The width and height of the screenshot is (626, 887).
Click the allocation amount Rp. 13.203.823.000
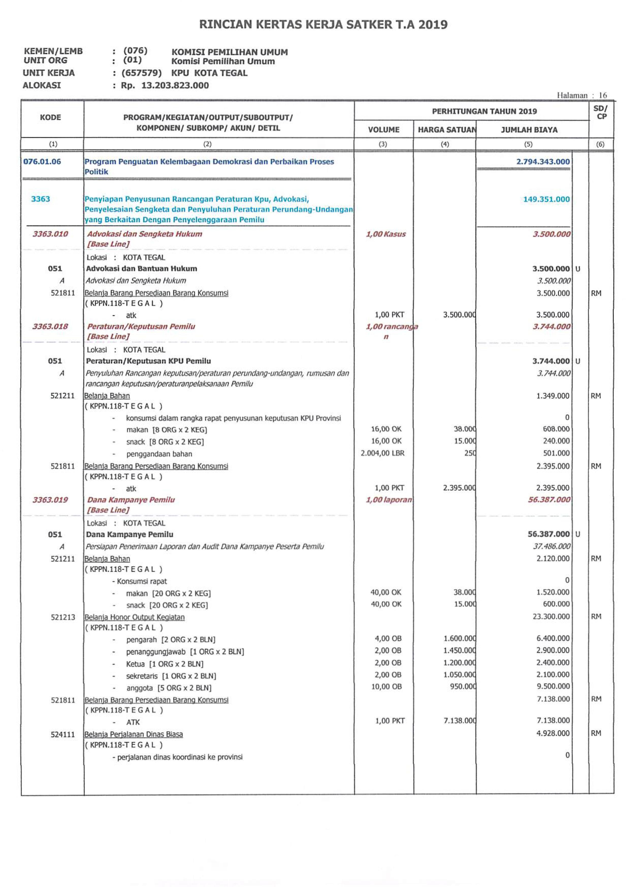click(164, 86)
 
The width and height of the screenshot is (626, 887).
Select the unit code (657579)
click(141, 73)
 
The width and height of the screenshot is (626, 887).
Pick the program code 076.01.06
click(42, 161)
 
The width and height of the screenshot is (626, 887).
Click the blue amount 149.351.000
click(546, 199)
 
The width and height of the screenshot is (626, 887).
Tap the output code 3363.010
click(50, 234)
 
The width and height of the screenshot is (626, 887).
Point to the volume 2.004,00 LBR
click(383, 453)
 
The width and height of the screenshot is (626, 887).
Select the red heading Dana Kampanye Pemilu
click(131, 500)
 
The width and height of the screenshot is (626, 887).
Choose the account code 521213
click(63, 617)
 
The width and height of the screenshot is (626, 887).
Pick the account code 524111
click(63, 735)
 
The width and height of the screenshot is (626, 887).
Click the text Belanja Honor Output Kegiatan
click(135, 617)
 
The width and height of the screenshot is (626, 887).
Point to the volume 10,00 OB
click(386, 687)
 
